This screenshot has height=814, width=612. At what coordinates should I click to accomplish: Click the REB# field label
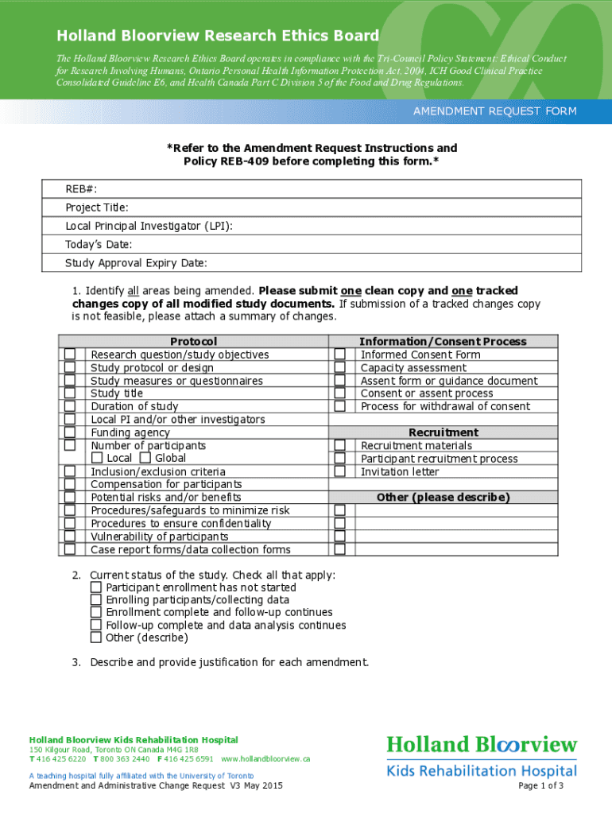point(81,188)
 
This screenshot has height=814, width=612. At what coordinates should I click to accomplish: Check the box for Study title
point(70,393)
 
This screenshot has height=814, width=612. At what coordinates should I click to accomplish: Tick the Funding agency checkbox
point(70,432)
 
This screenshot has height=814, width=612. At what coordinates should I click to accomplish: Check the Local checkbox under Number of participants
point(97,458)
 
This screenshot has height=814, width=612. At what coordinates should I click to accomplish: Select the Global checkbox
point(145,458)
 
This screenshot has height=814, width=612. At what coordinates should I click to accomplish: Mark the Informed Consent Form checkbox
point(340,355)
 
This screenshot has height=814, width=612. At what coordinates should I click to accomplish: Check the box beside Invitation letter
point(340,471)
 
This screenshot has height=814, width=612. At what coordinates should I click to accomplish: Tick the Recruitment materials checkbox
point(340,446)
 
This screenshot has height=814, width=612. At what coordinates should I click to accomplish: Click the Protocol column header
point(193,341)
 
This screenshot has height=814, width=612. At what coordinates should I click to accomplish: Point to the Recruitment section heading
point(443,432)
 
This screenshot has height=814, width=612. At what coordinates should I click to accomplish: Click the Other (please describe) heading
point(443,498)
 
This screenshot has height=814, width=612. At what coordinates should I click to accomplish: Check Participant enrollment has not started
point(96,587)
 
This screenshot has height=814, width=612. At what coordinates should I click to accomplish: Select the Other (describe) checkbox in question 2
point(96,638)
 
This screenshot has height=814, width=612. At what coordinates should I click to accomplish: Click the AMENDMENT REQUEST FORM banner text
point(494,111)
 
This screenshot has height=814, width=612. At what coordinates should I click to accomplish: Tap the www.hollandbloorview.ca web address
point(265,759)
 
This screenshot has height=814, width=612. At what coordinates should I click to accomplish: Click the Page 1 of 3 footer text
point(540,786)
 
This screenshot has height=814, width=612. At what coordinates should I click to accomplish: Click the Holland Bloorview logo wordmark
point(482,745)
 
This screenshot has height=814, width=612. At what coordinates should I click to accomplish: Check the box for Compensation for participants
point(70,484)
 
